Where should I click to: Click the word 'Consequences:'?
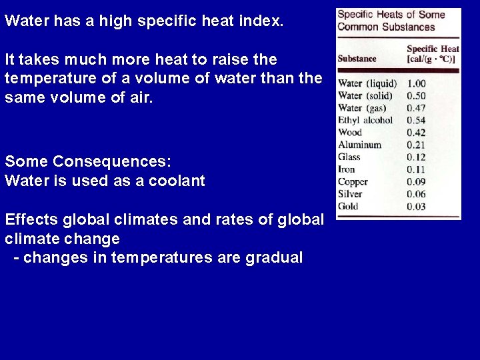point(112,161)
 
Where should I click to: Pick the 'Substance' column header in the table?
point(357,59)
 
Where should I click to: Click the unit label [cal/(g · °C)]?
point(431,59)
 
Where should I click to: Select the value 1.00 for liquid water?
point(416,84)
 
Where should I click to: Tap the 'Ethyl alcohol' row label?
point(365,121)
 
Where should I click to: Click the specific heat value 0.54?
point(416,121)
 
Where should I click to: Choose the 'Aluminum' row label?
point(359,145)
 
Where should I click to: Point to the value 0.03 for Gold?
point(416,207)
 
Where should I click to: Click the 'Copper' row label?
point(353,182)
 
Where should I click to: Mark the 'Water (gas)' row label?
point(362,108)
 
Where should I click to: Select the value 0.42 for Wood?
point(416,133)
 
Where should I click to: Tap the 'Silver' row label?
point(351,194)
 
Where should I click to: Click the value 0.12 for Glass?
point(416,157)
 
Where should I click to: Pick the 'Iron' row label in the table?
point(347,169)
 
